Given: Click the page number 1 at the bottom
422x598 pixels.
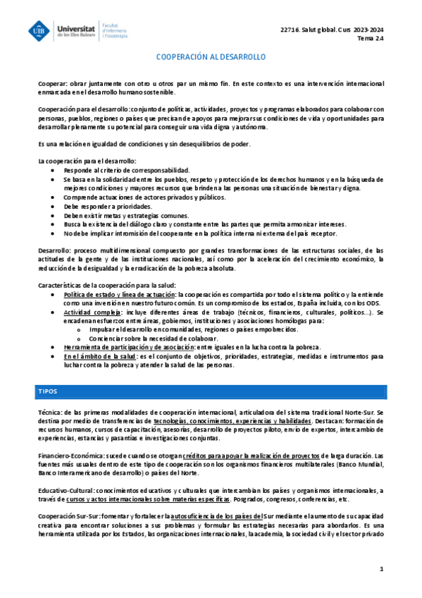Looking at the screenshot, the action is click(x=380, y=568).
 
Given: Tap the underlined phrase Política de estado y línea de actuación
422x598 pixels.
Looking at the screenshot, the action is click(x=120, y=293).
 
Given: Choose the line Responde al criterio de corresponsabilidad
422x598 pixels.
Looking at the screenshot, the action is click(x=127, y=171).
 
